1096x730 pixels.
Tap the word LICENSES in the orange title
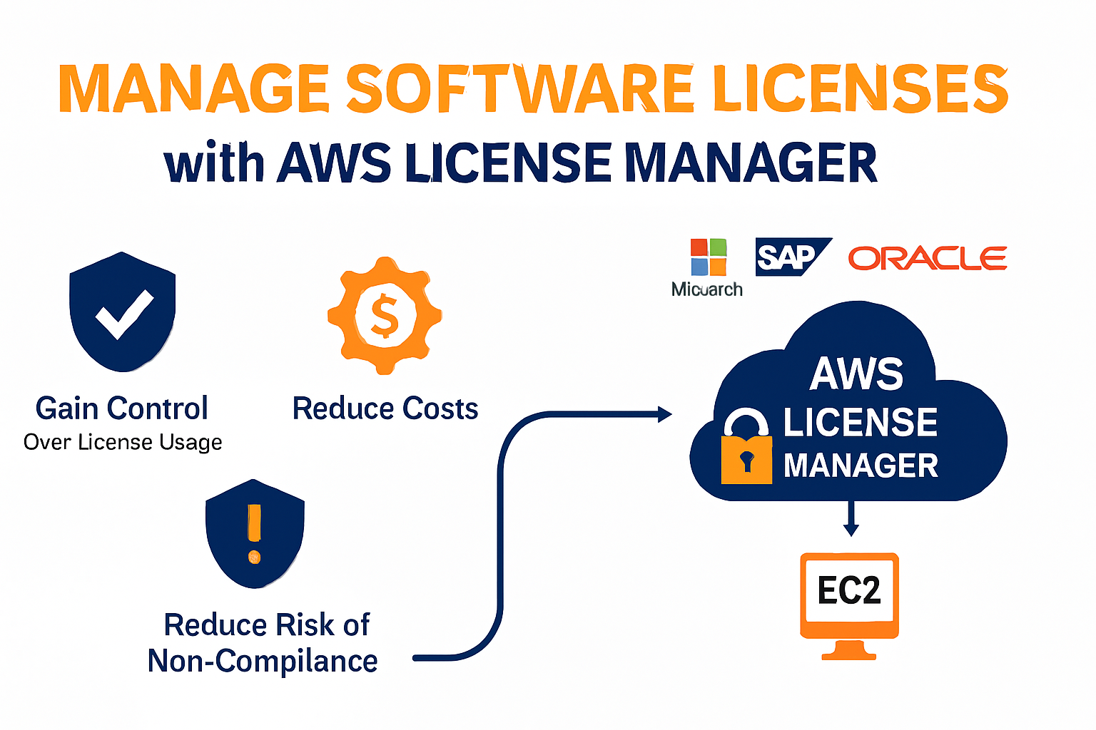pos(860,88)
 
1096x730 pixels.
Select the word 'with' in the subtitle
pos(214,163)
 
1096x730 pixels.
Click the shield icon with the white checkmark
pos(123,312)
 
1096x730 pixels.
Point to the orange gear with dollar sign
pos(385,315)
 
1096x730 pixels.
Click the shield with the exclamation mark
pos(255,533)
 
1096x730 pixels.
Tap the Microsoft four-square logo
pos(708,257)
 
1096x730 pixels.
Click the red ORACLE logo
pos(927,258)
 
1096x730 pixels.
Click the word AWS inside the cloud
pos(856,374)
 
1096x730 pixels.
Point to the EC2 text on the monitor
pos(849,591)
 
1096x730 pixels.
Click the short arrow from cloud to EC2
pos(851,519)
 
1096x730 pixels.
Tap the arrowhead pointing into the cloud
pos(664,413)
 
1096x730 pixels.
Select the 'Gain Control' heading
pos(122,408)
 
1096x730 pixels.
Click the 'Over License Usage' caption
pos(123,442)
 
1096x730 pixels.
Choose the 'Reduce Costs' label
pos(385,408)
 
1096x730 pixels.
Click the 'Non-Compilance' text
pos(263,661)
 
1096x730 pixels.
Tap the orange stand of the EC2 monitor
pos(849,649)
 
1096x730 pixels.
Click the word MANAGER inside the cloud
pos(861,466)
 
